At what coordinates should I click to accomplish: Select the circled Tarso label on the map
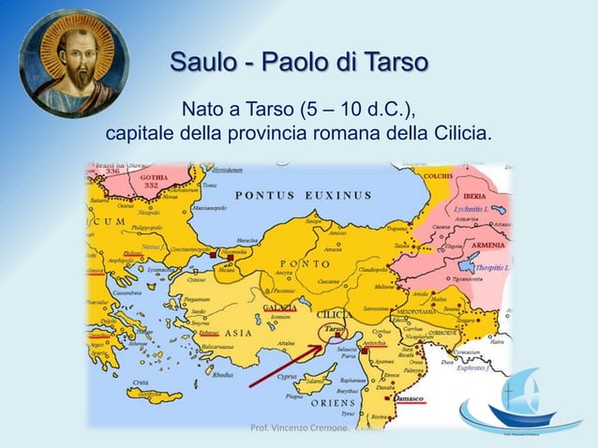click(334, 330)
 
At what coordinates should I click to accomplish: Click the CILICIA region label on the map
click(336, 314)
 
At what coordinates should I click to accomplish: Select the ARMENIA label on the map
click(486, 245)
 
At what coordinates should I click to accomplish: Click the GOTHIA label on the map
click(127, 177)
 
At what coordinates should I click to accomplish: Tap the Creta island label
click(140, 383)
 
